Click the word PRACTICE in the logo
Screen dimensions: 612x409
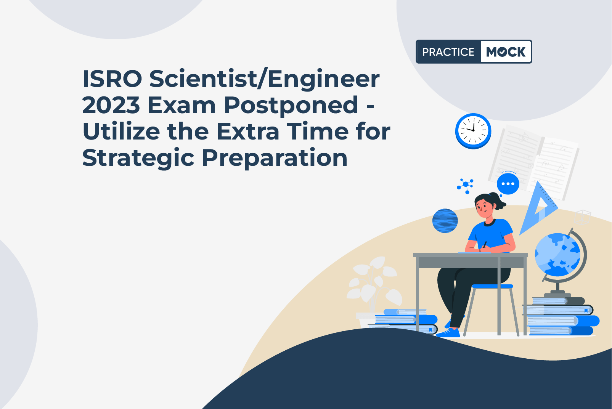448,52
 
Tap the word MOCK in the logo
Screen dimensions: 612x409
506,52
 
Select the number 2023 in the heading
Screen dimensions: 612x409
111,105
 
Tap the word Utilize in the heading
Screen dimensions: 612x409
121,132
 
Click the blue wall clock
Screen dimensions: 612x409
473,131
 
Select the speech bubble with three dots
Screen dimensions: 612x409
508,184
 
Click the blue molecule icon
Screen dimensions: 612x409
466,186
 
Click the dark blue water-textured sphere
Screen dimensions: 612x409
445,221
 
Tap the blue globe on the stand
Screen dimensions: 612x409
557,255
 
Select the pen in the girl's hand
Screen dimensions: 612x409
485,244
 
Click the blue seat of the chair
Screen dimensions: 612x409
492,286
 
